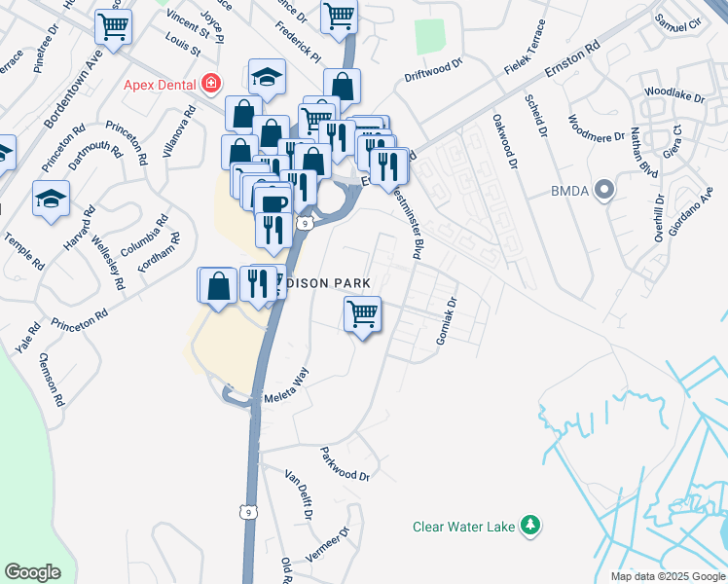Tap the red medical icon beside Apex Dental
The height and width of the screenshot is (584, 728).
coord(209,85)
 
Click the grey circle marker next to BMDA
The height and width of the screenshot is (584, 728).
coord(604,189)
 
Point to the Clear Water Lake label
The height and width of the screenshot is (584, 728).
coord(463,527)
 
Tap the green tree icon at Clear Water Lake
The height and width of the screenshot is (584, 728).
coord(530,526)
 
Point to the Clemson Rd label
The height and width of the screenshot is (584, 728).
coord(52,380)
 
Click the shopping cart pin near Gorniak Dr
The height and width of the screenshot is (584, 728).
coord(362,314)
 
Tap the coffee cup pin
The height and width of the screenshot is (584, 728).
coord(273,202)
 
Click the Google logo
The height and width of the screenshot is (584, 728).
coord(32,572)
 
